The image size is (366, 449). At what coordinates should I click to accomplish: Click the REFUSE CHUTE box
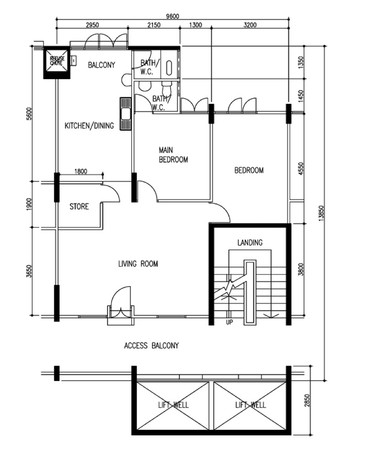pyautogui.click(x=56, y=63)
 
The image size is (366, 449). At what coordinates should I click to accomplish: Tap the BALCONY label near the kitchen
pyautogui.click(x=102, y=65)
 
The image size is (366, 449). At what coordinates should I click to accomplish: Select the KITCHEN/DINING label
pyautogui.click(x=89, y=126)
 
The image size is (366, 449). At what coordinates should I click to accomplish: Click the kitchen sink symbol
pyautogui.click(x=125, y=114)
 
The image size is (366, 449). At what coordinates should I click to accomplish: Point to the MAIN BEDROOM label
pyautogui.click(x=173, y=155)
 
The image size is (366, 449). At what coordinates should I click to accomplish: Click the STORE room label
pyautogui.click(x=79, y=207)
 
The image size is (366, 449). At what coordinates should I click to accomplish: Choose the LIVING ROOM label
pyautogui.click(x=138, y=264)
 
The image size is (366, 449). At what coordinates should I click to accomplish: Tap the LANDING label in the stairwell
pyautogui.click(x=250, y=243)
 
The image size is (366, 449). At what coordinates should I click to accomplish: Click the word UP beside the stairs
pyautogui.click(x=229, y=322)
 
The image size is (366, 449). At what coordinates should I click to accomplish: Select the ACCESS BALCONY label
pyautogui.click(x=151, y=346)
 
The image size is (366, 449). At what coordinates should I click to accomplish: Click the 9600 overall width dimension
pyautogui.click(x=172, y=16)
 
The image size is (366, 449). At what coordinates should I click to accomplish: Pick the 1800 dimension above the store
pyautogui.click(x=81, y=171)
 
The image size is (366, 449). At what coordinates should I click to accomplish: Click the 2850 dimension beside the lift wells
pyautogui.click(x=307, y=401)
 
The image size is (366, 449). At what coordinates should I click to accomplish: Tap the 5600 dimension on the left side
pyautogui.click(x=30, y=114)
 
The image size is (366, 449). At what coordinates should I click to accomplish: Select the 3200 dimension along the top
pyautogui.click(x=250, y=25)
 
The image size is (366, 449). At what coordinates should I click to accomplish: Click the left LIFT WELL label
pyautogui.click(x=173, y=405)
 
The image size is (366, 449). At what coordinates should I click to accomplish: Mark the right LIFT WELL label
pyautogui.click(x=251, y=405)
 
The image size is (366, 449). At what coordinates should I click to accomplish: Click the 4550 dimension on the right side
pyautogui.click(x=301, y=170)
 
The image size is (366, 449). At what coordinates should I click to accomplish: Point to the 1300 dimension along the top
pyautogui.click(x=195, y=25)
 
